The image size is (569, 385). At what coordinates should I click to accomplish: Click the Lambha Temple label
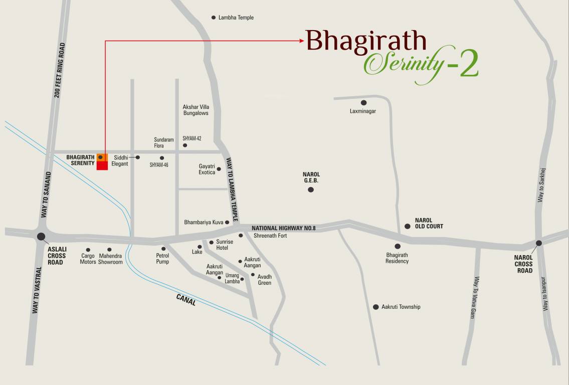click(x=236, y=18)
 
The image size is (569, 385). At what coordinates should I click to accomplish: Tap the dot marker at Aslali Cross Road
click(x=41, y=237)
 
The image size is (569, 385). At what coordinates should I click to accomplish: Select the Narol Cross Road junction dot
click(x=538, y=243)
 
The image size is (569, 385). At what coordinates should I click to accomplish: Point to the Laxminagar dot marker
click(x=363, y=103)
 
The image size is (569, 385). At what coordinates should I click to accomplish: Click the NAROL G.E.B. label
click(x=311, y=177)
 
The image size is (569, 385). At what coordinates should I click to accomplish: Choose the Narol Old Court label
click(x=429, y=223)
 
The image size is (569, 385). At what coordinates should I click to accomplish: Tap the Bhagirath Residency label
click(x=397, y=258)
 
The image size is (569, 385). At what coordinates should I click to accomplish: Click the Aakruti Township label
click(x=401, y=307)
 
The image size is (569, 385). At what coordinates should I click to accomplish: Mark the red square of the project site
click(x=102, y=166)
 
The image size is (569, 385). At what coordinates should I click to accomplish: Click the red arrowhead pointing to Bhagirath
click(x=302, y=41)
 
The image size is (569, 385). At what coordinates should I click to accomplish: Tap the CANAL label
click(x=186, y=300)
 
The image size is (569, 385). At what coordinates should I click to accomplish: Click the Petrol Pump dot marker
click(x=163, y=249)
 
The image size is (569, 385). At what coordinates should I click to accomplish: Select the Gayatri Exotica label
click(x=207, y=169)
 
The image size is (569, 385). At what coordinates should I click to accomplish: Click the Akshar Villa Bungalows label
click(x=196, y=110)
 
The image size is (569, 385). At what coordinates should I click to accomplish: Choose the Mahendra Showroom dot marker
click(x=109, y=250)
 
